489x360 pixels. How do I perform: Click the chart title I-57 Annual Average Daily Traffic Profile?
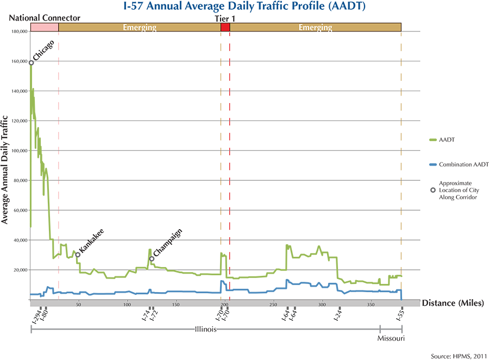(x=244, y=8)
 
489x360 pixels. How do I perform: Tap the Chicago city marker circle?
(x=31, y=63)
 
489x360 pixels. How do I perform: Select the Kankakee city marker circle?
(x=78, y=255)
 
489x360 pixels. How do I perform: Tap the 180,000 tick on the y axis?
(x=19, y=31)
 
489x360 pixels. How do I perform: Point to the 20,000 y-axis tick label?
(x=20, y=270)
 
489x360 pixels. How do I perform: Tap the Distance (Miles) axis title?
(x=453, y=302)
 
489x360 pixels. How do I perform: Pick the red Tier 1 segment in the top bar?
(x=225, y=27)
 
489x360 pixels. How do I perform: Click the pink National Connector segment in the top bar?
(x=45, y=27)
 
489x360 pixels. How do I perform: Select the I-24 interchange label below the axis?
(x=338, y=316)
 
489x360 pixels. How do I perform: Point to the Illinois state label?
(x=206, y=329)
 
